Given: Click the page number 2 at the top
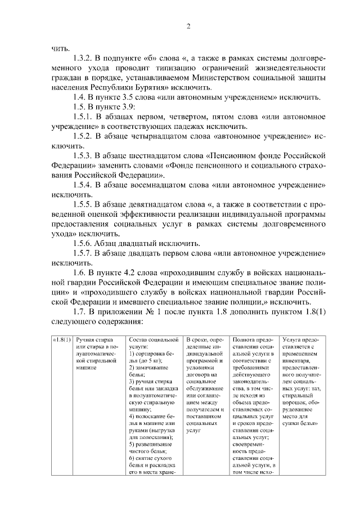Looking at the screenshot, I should coord(189,26).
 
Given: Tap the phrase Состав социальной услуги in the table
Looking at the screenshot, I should coord(153,343).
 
